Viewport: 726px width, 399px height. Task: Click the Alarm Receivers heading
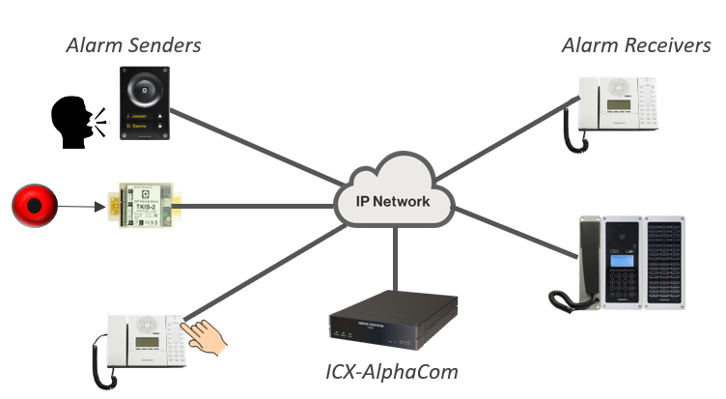636,44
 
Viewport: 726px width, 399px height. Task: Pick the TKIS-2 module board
145,205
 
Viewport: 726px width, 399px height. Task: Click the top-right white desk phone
622,103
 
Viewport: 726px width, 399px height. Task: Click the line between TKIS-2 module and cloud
261,205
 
